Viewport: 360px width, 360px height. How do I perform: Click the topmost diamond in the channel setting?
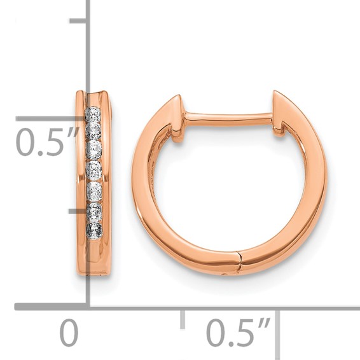point(93,114)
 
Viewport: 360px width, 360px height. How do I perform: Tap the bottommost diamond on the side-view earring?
point(94,230)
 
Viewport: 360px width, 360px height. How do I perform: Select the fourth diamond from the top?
point(94,170)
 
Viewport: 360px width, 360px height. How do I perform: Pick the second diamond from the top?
point(93,131)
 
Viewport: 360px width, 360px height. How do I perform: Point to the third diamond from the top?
point(94,151)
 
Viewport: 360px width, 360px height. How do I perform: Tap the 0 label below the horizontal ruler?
point(69,332)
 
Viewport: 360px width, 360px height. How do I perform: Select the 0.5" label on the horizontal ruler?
point(239,333)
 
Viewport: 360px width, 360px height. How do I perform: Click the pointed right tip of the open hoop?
point(276,93)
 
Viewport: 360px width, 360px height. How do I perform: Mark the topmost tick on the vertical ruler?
point(78,21)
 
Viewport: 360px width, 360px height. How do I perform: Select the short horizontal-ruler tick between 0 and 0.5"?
point(183,319)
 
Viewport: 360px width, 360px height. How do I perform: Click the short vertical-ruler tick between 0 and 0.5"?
point(78,211)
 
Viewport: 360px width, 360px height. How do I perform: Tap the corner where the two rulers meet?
point(88,307)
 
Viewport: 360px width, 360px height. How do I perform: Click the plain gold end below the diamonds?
point(94,258)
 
